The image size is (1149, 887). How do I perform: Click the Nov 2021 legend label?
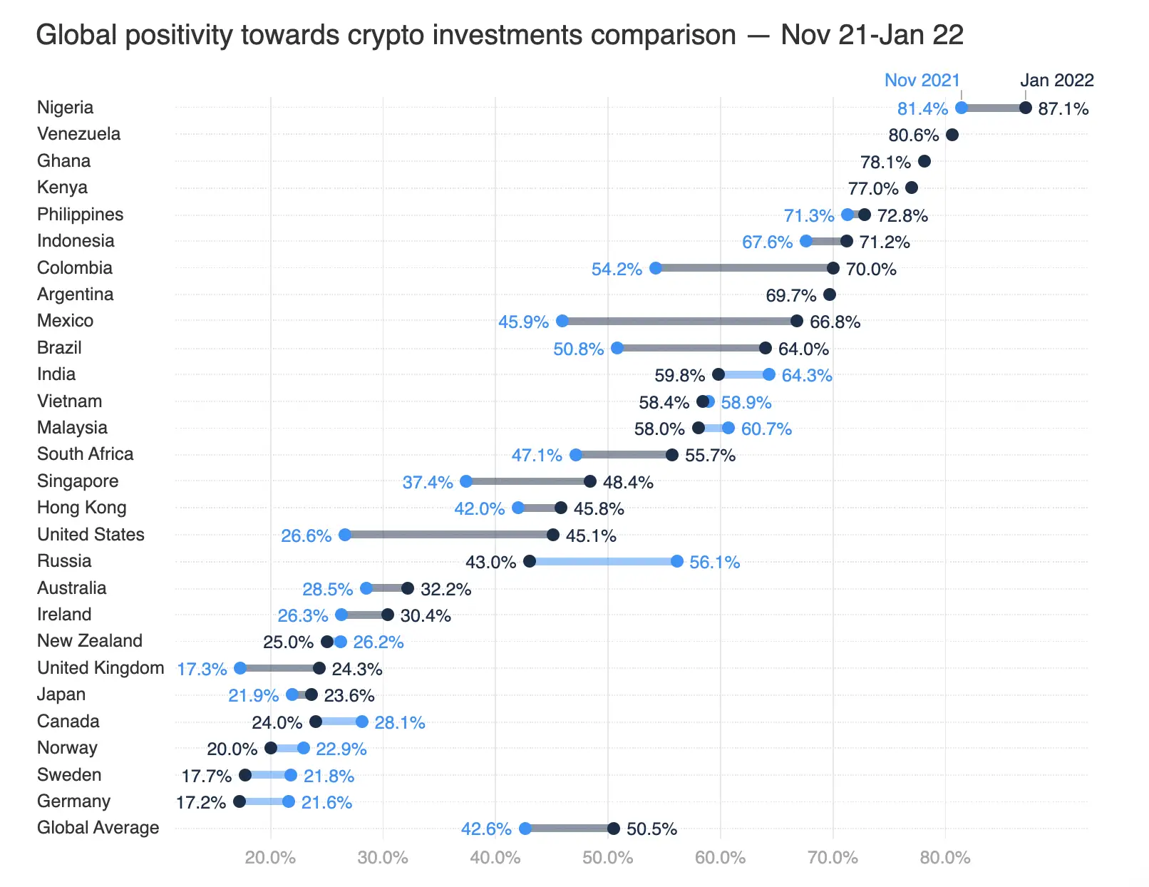click(922, 80)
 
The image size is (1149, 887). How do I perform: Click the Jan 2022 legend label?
click(1056, 80)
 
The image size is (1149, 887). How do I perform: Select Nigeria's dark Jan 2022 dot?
click(1025, 108)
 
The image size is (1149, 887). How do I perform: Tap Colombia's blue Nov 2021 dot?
click(656, 268)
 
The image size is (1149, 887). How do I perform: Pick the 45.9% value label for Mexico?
click(523, 322)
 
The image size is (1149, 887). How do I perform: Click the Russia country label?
click(64, 561)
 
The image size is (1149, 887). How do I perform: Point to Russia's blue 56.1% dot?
click(676, 561)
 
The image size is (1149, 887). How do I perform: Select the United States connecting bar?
click(449, 535)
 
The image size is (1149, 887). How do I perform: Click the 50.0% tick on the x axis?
click(607, 857)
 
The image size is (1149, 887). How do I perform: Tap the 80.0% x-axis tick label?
click(944, 857)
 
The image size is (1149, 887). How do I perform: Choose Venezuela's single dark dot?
click(952, 135)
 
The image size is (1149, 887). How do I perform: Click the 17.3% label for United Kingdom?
click(202, 669)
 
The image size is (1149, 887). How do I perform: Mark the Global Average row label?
click(98, 828)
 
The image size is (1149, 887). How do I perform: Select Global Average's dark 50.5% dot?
click(613, 829)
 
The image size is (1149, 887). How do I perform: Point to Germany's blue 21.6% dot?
click(289, 801)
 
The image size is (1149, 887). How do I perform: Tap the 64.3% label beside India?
click(806, 375)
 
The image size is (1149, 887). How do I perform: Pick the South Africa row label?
click(85, 454)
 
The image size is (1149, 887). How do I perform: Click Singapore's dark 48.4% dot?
click(589, 481)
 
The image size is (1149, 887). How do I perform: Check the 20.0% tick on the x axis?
click(270, 857)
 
